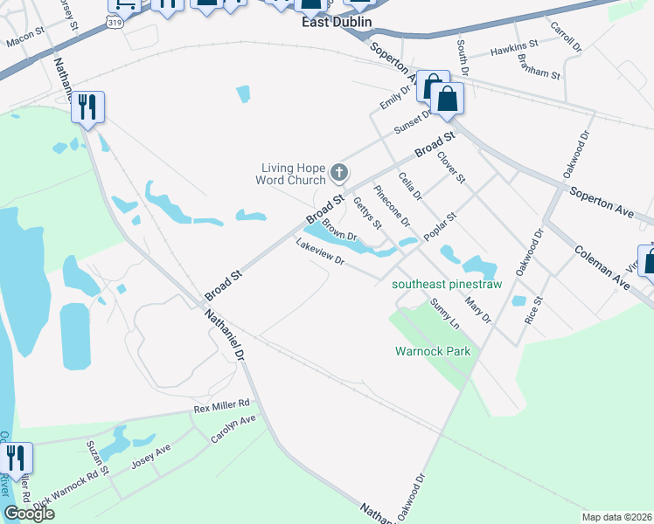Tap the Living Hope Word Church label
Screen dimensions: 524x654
(293, 175)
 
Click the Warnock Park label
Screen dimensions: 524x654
(432, 351)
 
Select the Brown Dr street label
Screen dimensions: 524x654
(340, 231)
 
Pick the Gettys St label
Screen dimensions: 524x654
(367, 212)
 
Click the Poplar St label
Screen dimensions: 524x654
(440, 227)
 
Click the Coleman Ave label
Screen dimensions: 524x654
(602, 267)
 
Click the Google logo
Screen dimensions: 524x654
(29, 514)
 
